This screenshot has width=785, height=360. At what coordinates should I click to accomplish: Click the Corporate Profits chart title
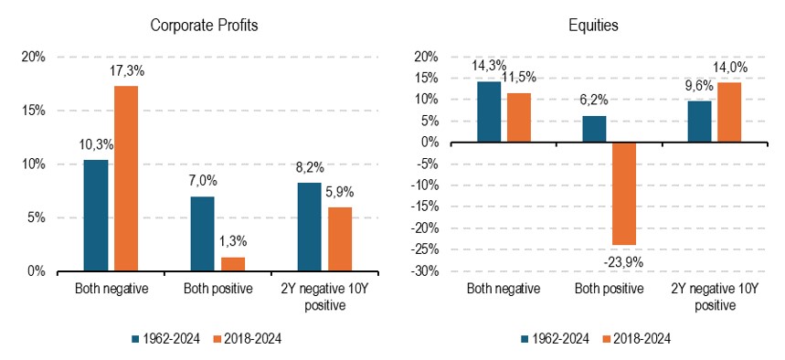click(204, 26)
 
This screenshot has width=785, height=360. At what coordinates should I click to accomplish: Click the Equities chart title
click(592, 26)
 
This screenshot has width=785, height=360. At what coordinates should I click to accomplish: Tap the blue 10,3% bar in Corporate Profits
click(95, 216)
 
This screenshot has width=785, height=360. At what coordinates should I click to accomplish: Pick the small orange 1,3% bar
click(232, 264)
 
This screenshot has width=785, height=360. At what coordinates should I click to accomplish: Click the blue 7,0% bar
click(202, 234)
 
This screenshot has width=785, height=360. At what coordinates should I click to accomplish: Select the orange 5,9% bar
click(339, 239)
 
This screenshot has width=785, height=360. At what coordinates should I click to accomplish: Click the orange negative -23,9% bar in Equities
click(623, 193)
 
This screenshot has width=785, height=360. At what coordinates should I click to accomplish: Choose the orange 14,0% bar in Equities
click(728, 112)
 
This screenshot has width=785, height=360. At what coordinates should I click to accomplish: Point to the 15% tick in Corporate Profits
click(33, 111)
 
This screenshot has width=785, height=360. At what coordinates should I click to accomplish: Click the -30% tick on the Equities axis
click(427, 271)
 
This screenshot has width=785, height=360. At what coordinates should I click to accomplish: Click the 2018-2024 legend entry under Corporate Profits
click(249, 339)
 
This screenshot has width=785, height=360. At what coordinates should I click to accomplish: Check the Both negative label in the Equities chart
click(503, 290)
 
